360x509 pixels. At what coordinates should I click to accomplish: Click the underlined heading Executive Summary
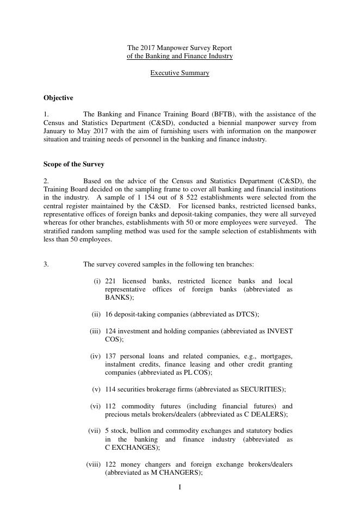[x=179, y=73]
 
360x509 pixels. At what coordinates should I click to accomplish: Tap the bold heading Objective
[x=58, y=98]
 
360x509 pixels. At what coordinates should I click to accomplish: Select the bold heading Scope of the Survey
[x=73, y=164]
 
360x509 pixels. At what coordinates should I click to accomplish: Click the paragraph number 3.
[x=46, y=264]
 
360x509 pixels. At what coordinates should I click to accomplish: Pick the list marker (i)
[x=97, y=281]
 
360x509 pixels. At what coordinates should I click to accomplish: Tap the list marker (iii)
[x=95, y=331]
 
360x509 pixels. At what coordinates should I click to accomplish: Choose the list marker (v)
[x=96, y=389]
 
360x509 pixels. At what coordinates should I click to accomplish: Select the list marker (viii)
[x=94, y=464]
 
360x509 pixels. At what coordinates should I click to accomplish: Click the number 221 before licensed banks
[x=111, y=281]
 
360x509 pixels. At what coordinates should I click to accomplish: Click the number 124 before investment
[x=111, y=331]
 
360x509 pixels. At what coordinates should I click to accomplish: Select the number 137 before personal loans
[x=111, y=356]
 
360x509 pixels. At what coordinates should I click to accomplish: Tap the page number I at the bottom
[x=180, y=487]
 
